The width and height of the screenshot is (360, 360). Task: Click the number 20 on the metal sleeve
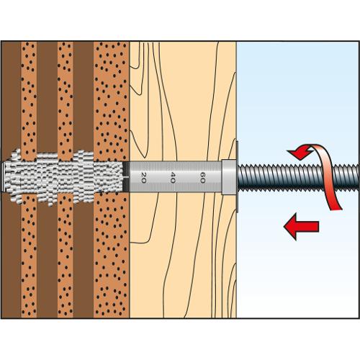pos(143,177)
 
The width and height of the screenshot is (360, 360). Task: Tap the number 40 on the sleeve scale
pos(172,177)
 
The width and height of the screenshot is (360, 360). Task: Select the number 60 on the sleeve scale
pos(202,177)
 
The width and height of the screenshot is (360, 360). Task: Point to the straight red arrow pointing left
pos(301,226)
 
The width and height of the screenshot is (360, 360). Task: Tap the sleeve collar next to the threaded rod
pos(229,177)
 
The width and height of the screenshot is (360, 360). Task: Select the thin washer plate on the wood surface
pos(238,177)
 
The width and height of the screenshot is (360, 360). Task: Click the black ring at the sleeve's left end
pos(126,176)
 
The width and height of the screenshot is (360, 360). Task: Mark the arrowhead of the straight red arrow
pos(290,226)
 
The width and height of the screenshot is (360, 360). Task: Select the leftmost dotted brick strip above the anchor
pos(29,96)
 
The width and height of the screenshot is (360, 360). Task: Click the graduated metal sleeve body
pos(175,176)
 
